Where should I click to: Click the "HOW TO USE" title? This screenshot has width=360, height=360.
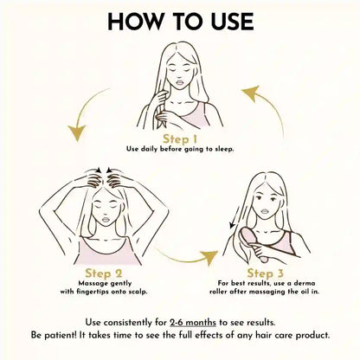(x=181, y=22)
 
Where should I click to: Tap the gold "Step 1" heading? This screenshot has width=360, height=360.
(x=180, y=139)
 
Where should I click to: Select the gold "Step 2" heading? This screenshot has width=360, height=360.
(x=104, y=273)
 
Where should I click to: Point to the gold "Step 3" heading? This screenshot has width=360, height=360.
(x=266, y=273)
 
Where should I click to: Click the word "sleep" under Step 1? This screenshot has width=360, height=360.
(x=224, y=149)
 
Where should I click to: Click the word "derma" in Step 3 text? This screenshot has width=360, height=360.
(x=305, y=283)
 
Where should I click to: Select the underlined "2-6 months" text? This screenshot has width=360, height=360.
(x=193, y=322)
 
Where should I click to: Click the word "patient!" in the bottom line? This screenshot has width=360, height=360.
(x=60, y=336)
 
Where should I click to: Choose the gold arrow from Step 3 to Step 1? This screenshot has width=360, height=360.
(x=270, y=107)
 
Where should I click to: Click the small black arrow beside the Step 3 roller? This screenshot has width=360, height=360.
(x=235, y=217)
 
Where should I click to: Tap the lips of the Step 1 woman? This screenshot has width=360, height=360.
(x=180, y=82)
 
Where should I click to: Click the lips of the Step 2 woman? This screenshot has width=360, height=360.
(x=106, y=219)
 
